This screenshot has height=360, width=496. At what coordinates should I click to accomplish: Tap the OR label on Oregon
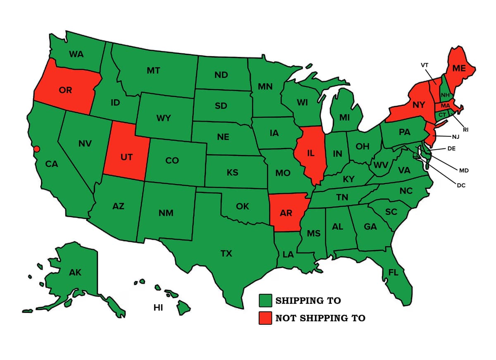(65, 90)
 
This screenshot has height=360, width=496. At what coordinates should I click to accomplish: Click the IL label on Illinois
(311, 153)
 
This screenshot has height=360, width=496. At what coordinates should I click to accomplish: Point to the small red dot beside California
(36, 149)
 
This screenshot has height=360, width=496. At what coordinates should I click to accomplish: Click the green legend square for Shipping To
(265, 300)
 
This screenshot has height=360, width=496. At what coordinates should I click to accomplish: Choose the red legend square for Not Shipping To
(265, 318)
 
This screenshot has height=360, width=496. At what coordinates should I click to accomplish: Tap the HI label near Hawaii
(158, 308)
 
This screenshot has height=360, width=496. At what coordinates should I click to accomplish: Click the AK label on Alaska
(75, 272)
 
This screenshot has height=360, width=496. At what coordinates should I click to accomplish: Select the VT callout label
(424, 65)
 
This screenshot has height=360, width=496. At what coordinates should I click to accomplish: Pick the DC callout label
(461, 186)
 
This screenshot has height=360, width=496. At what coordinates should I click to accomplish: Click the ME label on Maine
(459, 69)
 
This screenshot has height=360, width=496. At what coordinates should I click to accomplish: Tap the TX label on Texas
(226, 253)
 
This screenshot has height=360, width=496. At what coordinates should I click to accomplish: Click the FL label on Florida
(393, 272)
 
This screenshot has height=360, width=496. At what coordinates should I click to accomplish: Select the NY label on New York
(419, 105)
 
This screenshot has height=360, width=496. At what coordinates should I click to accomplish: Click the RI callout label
(465, 130)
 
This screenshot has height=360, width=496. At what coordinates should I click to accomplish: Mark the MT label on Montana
(153, 71)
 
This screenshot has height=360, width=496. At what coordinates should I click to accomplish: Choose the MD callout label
(464, 170)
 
